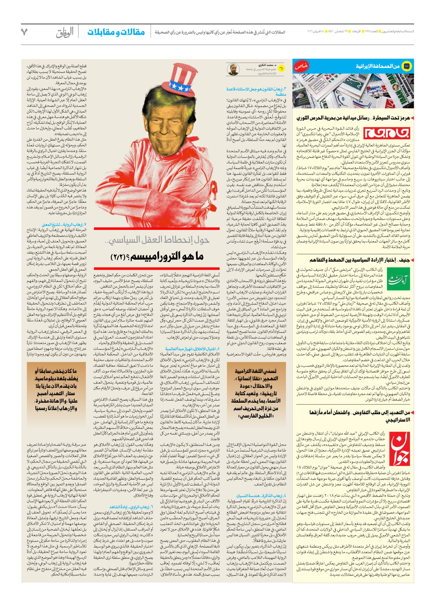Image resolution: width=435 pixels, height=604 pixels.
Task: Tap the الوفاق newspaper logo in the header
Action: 65,32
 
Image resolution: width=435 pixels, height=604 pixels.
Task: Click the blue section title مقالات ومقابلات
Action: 116,32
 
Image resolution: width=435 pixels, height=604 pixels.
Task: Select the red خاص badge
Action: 301,66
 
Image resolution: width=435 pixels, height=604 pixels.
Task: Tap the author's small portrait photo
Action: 233,69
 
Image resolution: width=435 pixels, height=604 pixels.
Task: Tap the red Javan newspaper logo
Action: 399,448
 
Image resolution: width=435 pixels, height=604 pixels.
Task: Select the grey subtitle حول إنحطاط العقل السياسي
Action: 157,240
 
